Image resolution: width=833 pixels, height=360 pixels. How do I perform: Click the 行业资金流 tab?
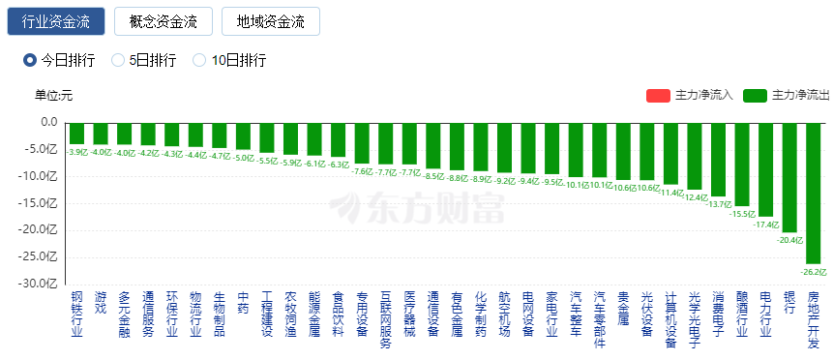point(56,21)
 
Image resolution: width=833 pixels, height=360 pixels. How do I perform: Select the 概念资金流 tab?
point(163,21)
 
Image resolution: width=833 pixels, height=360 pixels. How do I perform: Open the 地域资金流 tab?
point(270,21)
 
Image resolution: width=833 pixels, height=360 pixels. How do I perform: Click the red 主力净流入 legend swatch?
point(658,95)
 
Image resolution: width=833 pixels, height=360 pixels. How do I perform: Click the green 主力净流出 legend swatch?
point(756,95)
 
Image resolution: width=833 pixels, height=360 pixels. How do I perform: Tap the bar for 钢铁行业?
point(76,133)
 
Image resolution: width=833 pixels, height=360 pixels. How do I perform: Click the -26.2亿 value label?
point(813,271)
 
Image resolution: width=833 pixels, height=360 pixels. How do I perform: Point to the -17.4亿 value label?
point(765,224)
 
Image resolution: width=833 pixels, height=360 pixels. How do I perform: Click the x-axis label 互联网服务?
point(385,319)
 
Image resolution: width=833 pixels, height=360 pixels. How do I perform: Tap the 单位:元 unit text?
point(53,95)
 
